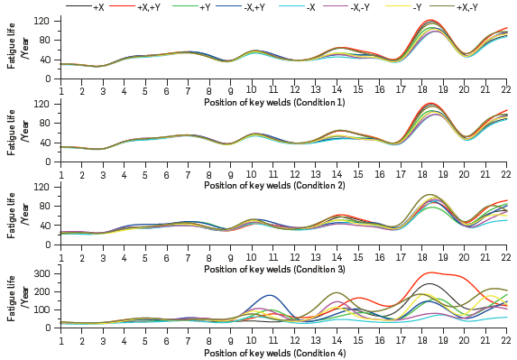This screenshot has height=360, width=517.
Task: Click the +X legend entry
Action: coord(98,7)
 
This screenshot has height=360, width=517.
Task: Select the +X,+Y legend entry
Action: coord(149,7)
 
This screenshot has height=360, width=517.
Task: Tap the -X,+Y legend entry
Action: coord(255,7)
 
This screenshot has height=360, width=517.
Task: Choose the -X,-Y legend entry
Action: coord(362,7)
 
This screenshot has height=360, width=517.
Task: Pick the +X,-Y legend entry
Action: coord(468,7)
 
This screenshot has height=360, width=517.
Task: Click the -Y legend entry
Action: coord(417,7)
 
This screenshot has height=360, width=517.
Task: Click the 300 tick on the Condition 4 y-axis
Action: coord(42,272)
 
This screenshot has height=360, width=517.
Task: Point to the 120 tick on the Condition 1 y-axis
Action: coord(42,20)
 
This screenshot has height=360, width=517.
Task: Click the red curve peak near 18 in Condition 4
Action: coord(432,272)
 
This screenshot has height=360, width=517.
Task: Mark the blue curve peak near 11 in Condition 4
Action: coord(269,295)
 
